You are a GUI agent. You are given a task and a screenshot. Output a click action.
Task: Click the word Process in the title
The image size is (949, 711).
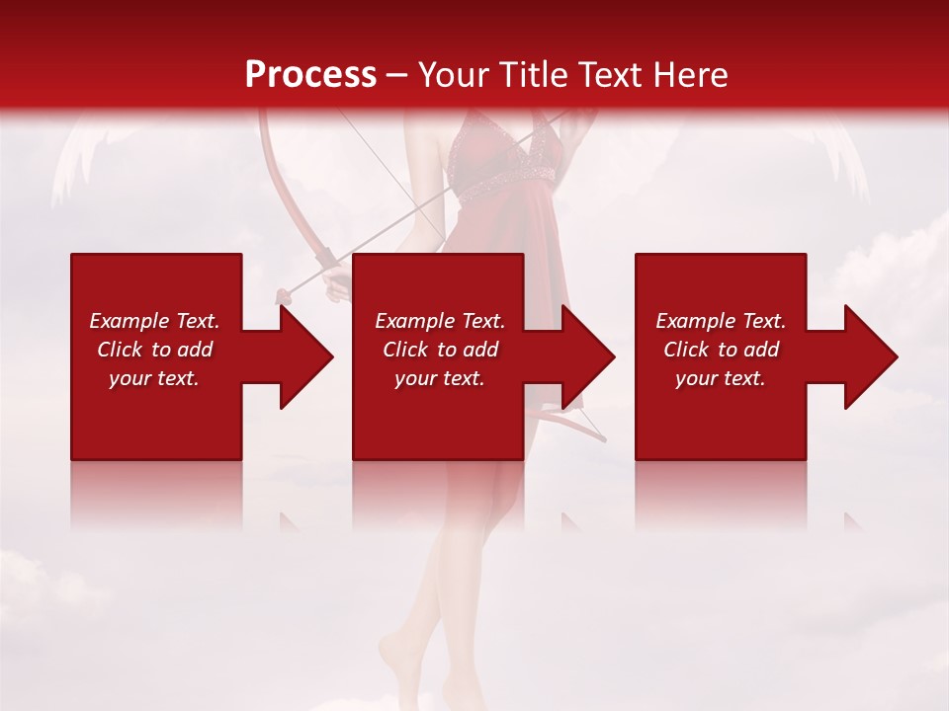[310, 74]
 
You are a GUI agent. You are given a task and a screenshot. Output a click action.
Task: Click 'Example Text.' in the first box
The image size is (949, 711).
[154, 321]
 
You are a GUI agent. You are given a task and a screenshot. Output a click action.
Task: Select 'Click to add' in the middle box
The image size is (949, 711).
[440, 350]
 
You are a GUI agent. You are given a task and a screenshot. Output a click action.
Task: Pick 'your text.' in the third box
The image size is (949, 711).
[721, 378]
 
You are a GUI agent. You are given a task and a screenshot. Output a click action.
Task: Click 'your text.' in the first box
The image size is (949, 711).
[154, 378]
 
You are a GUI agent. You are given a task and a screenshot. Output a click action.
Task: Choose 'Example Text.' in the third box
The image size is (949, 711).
[721, 321]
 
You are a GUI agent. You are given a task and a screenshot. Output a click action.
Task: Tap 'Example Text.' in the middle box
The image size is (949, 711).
[440, 321]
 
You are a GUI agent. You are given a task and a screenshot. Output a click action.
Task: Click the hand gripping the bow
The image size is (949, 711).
[337, 286]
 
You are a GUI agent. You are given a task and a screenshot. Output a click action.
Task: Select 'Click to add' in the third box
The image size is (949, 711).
[721, 350]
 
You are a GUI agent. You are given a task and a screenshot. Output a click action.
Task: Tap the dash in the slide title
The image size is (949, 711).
[397, 75]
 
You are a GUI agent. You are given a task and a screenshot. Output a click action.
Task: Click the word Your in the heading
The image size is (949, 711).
[455, 74]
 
